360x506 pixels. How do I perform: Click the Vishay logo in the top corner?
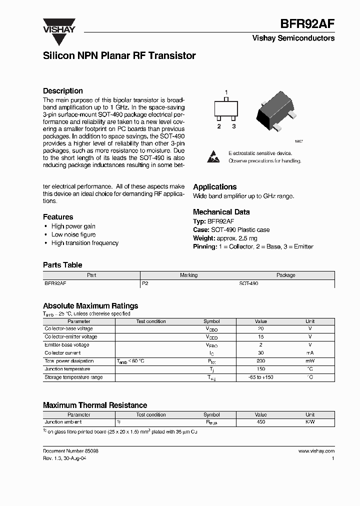58,26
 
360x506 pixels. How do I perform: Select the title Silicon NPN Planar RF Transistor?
119,56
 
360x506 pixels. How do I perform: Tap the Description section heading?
62,91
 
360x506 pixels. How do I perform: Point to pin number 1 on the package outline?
226,92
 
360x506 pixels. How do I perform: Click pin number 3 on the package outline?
233,126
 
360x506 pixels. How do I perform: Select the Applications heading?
214,187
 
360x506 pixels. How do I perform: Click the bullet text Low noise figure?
73,234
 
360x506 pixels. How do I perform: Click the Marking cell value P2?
145,283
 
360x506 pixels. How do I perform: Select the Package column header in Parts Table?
286,275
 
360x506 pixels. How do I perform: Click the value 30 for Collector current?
260,353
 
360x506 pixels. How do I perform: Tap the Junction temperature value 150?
260,369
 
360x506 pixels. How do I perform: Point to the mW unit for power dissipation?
310,361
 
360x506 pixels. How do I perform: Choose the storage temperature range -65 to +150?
260,377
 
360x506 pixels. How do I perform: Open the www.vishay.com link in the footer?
316,451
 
